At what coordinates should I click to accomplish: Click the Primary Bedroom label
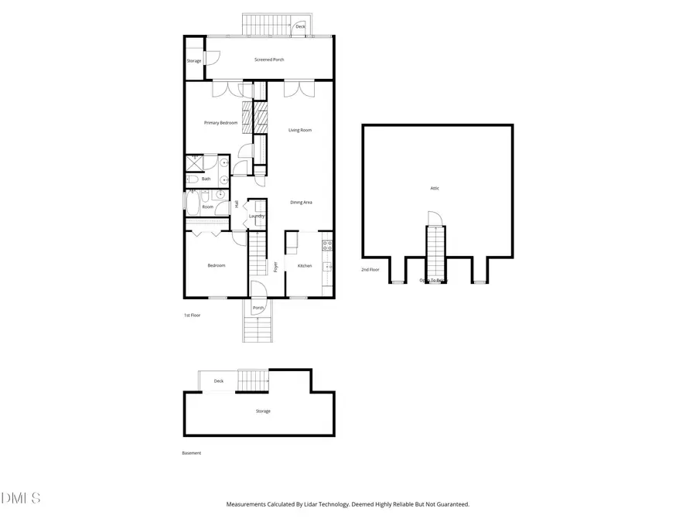[x=220, y=123]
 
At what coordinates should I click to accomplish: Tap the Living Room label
[x=300, y=130]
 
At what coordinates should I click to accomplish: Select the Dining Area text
[x=301, y=203]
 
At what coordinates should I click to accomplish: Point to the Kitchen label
[x=305, y=266]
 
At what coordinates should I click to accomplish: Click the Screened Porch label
[x=269, y=60]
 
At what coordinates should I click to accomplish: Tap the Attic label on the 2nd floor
[x=435, y=188]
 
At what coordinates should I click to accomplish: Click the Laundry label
[x=257, y=217]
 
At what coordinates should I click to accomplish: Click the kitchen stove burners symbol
[x=328, y=246]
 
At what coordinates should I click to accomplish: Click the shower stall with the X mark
[x=194, y=163]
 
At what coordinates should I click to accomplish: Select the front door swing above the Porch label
[x=258, y=290]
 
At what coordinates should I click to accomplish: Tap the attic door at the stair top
[x=434, y=219]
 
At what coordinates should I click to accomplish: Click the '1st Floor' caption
[x=192, y=316]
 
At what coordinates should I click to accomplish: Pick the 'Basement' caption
[x=191, y=453]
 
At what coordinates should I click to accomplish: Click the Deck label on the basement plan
[x=219, y=381]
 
